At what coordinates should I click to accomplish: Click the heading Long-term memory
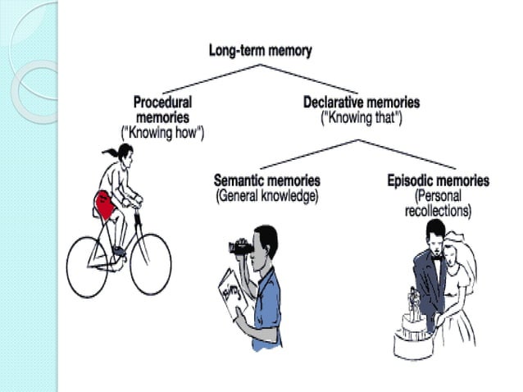(260, 51)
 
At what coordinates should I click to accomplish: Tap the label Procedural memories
(162, 110)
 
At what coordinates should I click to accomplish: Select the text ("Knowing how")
(162, 130)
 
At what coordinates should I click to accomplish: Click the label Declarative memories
(362, 103)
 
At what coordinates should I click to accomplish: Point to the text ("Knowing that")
(362, 116)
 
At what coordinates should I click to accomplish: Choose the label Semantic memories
(266, 180)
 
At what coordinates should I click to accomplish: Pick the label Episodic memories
(438, 180)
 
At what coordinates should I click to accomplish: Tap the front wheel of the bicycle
(151, 263)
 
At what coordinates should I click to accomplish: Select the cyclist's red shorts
(106, 201)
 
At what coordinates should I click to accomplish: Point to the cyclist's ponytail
(109, 152)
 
